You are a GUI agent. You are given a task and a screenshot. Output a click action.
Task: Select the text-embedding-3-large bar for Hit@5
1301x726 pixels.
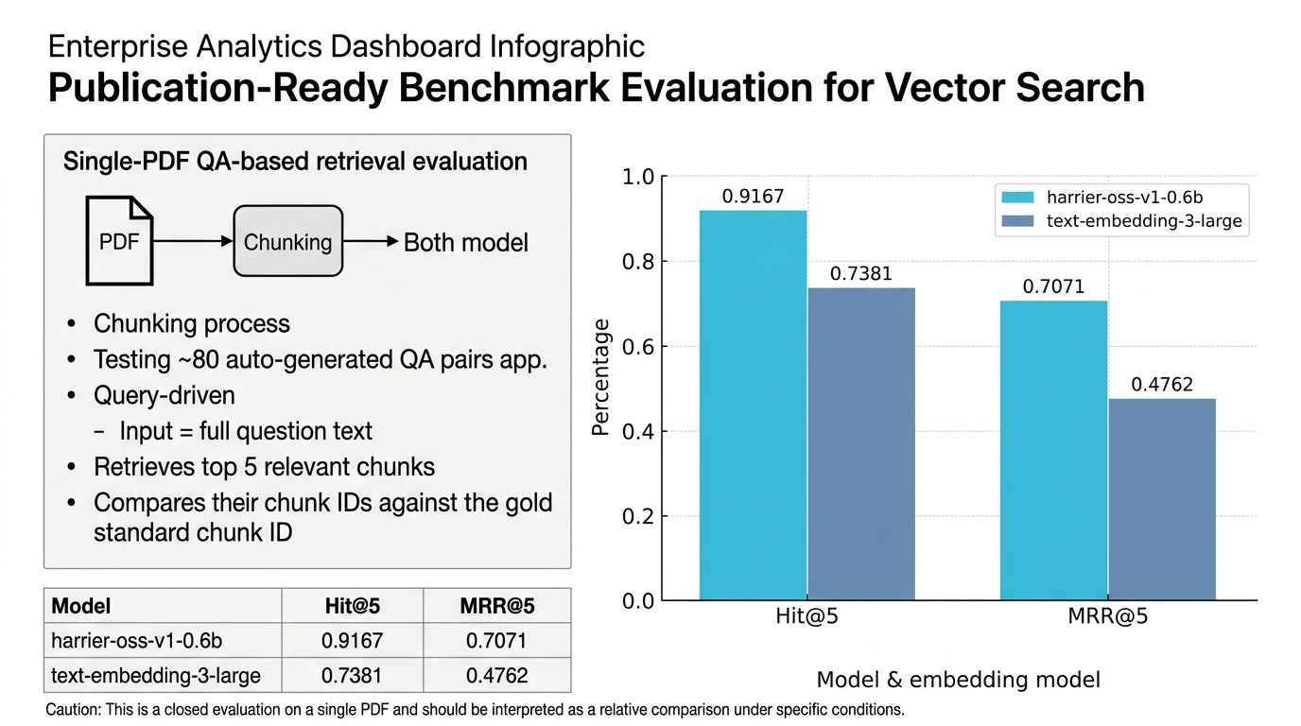pos(861,443)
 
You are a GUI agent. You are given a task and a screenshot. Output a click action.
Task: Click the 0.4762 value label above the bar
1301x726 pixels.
pos(1162,385)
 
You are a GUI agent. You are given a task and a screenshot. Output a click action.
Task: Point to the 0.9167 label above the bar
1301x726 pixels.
pos(753,197)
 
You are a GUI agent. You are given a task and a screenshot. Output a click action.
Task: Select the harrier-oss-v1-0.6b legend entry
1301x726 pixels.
pos(1106,198)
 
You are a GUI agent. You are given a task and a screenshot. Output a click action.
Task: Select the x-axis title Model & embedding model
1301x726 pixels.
pos(958,680)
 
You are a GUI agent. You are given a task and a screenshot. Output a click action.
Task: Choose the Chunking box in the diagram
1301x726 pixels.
pos(287,242)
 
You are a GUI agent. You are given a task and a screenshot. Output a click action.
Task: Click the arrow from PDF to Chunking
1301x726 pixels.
pos(192,242)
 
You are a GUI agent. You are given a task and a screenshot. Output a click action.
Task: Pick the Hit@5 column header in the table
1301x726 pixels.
pos(352,606)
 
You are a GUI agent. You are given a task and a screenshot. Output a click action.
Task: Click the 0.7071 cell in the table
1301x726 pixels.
pos(496,641)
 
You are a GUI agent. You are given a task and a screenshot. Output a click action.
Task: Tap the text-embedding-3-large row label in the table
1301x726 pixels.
pos(155,676)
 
